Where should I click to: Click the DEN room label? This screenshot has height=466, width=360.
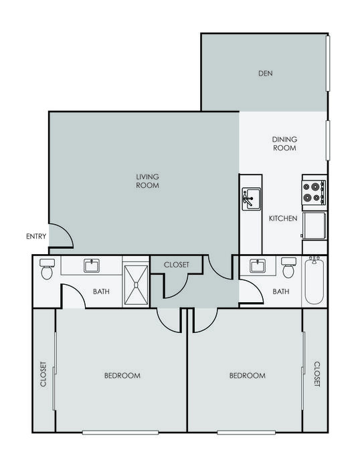coord(266,73)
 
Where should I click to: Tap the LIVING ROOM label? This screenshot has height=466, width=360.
coord(148,181)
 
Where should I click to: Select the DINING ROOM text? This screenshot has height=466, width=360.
coord(285,144)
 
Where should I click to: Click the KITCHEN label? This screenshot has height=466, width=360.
coord(283,219)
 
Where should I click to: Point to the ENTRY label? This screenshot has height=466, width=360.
coord(36,236)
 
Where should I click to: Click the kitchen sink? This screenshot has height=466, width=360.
coord(251,199)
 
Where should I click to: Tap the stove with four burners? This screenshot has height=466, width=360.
coord(314,193)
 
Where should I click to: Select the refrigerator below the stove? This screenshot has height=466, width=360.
coord(314,225)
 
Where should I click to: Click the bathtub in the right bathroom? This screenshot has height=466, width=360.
coord(314,281)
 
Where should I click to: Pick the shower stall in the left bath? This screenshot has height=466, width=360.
coord(136,285)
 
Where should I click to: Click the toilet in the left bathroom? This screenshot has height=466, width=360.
coord(47,269)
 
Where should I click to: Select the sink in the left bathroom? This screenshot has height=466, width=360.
coord(92,265)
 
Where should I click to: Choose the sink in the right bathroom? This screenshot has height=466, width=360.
coord(258,265)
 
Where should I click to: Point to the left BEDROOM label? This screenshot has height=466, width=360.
coord(122,376)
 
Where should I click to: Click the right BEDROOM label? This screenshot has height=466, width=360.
coord(248,376)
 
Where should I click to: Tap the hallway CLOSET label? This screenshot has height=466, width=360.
coord(177,265)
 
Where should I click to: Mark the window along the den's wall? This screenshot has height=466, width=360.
coord(328,64)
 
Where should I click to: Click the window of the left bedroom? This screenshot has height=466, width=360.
coord(120,433)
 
